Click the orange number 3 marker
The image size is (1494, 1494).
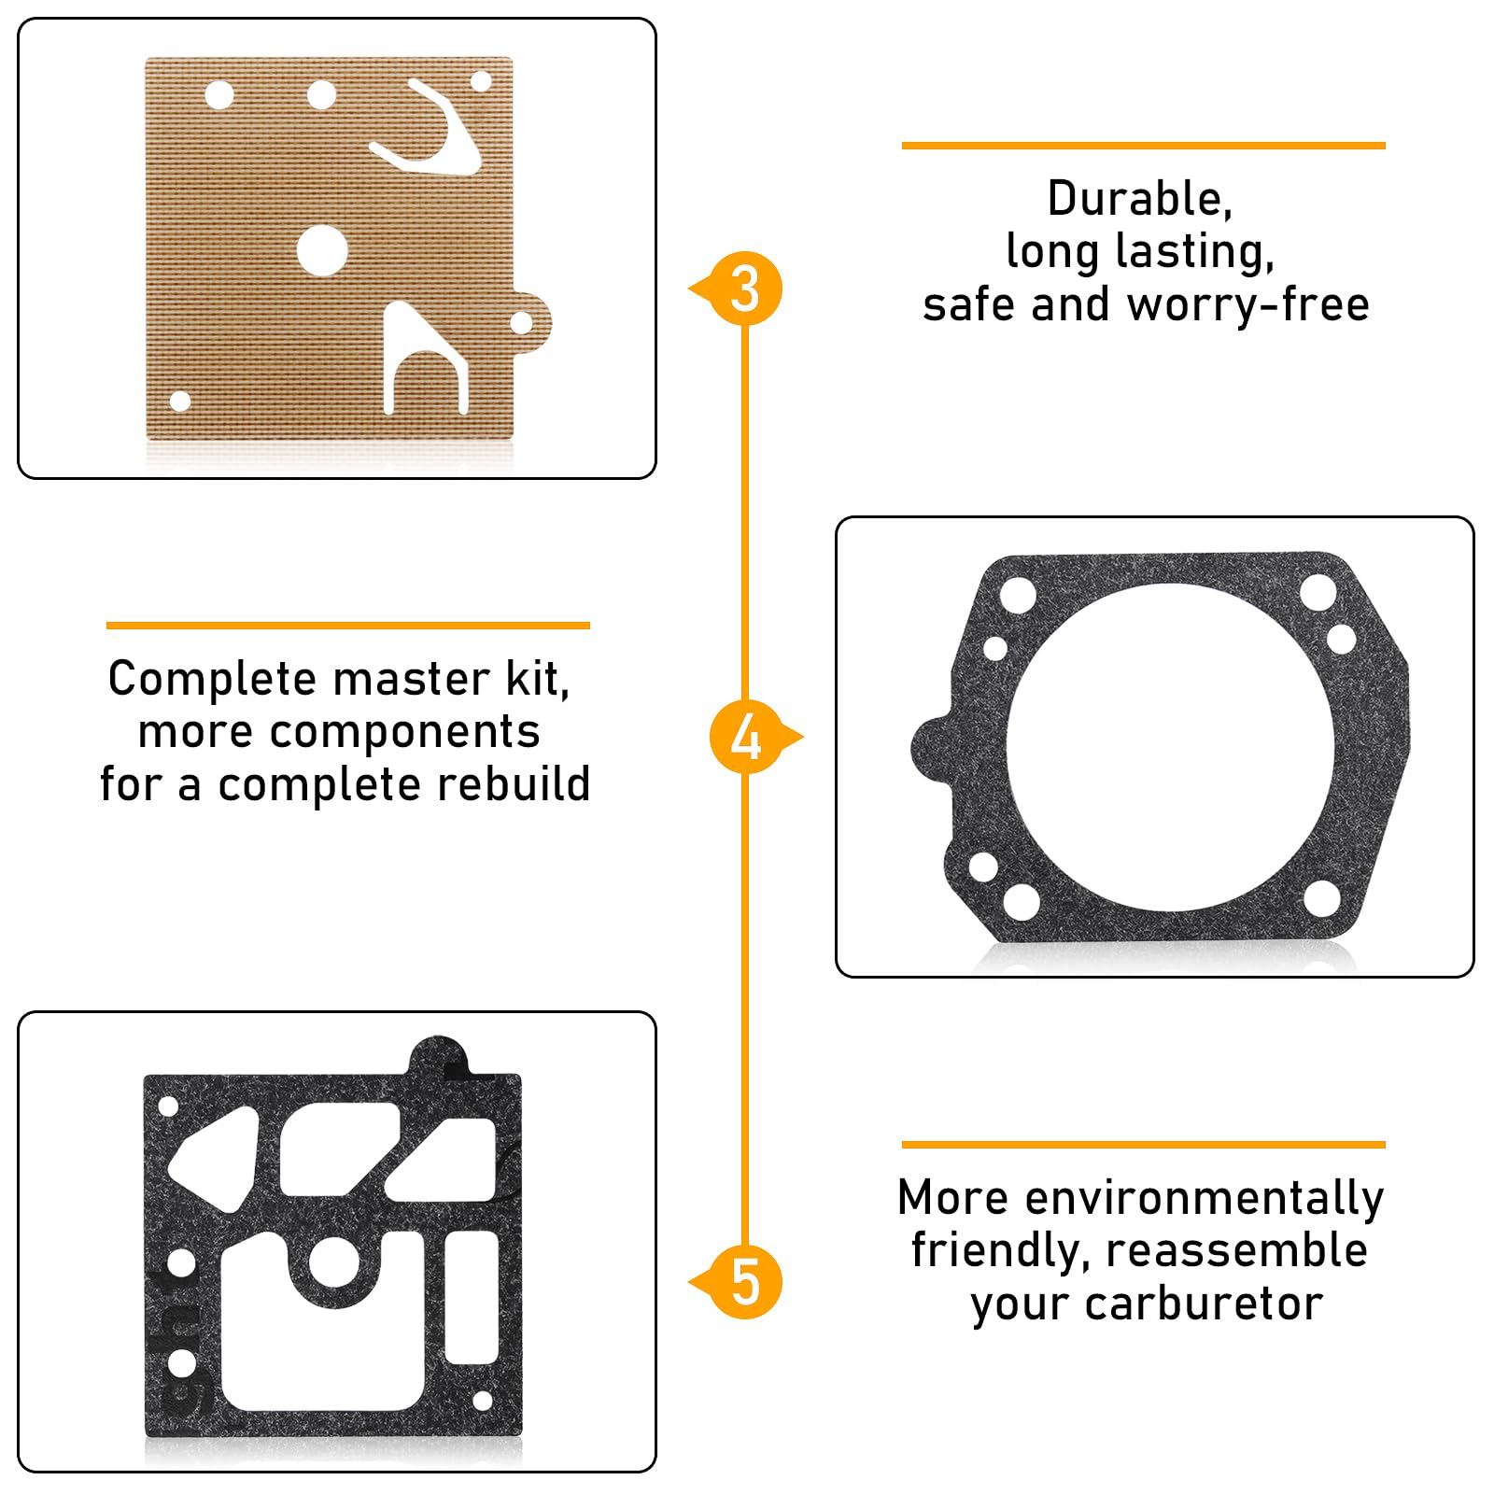[x=744, y=289]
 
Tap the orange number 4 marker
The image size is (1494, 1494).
[x=746, y=737]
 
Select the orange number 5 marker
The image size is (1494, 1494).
[x=745, y=1282]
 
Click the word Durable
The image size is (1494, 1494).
[x=1139, y=199]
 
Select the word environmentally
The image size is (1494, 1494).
[x=1205, y=1198]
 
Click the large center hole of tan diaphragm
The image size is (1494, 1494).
[x=322, y=250]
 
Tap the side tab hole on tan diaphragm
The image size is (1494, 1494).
[x=521, y=324]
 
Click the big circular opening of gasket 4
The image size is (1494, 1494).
[x=1170, y=747]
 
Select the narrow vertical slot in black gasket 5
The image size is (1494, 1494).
[x=472, y=1297]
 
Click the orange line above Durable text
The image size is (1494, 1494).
[x=1143, y=146]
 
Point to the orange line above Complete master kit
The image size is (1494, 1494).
[x=347, y=626]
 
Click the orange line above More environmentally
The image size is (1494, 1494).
[x=1143, y=1144]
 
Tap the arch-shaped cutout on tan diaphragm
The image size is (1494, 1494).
[x=425, y=359]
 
